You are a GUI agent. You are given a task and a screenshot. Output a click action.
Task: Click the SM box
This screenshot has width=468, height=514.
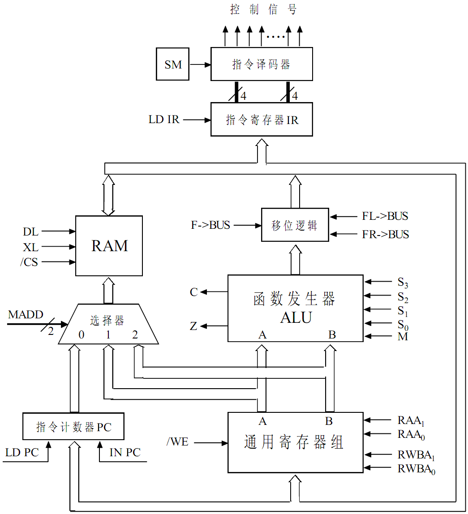(173, 64)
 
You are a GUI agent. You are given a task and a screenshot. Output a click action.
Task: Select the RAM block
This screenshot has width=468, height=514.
(109, 246)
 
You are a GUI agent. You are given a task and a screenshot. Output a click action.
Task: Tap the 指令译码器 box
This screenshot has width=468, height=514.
(262, 64)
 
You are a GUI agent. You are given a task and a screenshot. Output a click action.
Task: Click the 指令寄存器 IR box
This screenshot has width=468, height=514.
(262, 120)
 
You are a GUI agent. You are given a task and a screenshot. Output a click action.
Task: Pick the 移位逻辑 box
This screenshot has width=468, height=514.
(295, 225)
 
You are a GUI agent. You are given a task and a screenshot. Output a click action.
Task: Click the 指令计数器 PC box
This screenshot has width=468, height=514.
(73, 427)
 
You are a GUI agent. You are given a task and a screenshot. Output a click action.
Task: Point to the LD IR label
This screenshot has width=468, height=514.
(164, 120)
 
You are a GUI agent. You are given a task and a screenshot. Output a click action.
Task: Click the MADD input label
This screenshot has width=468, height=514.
(26, 315)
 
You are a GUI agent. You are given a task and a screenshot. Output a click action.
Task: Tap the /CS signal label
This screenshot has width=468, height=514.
(29, 262)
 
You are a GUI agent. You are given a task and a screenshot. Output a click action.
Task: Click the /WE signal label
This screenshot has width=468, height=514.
(177, 442)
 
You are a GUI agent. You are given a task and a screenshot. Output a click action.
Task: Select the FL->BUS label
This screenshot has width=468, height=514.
(385, 217)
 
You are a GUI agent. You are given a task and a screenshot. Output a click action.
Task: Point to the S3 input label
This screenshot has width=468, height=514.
(403, 283)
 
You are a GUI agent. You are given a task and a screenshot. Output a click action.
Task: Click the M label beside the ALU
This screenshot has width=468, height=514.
(403, 337)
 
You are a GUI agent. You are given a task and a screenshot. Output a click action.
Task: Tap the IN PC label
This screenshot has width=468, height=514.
(125, 453)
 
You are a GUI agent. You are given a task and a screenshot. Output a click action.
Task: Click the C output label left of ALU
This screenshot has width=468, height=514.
(193, 292)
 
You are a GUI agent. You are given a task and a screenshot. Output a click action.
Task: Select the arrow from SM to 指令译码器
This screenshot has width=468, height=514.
(200, 64)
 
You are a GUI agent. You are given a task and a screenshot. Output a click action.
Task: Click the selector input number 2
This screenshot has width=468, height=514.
(135, 334)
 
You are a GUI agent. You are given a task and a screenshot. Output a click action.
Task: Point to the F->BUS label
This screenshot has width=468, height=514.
(210, 225)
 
